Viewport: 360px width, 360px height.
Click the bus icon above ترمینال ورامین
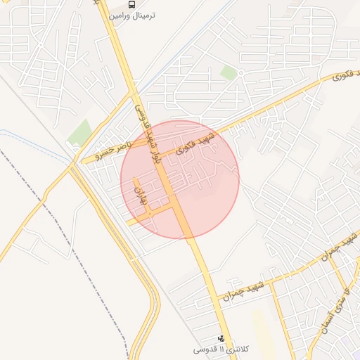pos(132,4)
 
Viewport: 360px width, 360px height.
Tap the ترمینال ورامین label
pos(132,15)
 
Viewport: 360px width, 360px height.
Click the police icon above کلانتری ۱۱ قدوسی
pos(221,338)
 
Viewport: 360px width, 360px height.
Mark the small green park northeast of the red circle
pos(228,72)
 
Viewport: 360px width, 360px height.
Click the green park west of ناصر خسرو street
pos(80,132)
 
